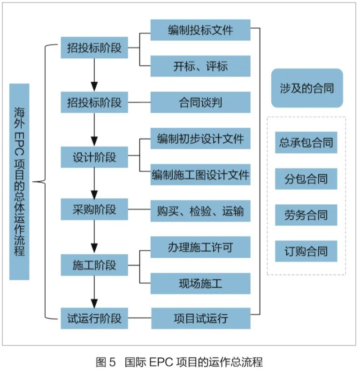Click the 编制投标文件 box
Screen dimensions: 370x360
pos(200,31)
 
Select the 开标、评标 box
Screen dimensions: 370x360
pos(200,66)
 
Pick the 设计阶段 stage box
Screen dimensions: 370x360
pos(94,157)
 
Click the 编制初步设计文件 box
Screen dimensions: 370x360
pos(200,139)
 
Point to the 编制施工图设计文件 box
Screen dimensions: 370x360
pos(200,175)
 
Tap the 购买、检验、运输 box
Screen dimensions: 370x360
pos(200,211)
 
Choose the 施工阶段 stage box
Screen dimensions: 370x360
pos(94,265)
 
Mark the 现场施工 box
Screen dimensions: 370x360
pos(200,283)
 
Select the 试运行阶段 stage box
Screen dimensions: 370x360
pos(94,318)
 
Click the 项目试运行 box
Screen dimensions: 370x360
pos(200,318)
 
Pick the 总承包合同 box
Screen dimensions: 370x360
pos(306,142)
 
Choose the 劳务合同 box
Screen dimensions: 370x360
pos(306,216)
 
